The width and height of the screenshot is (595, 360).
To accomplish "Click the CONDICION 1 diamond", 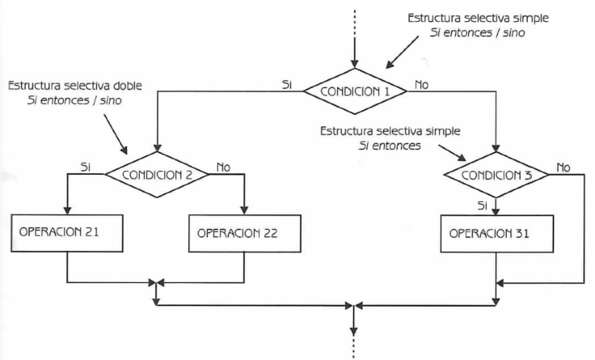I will tap(355, 90).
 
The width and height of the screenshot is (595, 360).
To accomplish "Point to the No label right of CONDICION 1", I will tap(421, 83).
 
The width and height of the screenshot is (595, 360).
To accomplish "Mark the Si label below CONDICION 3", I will tap(483, 205).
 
